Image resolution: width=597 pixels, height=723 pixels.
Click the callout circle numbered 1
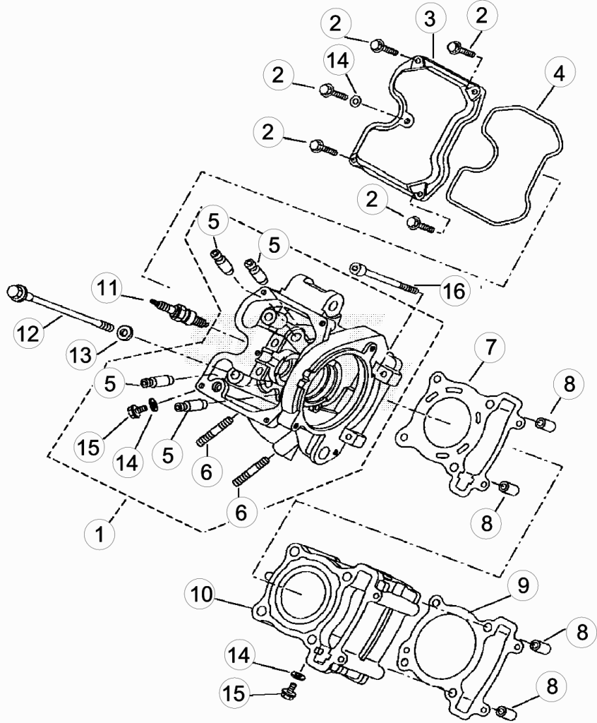pos(100,534)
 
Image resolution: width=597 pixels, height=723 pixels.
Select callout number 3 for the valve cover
pos(430,20)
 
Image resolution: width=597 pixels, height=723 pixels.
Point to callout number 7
pos(490,347)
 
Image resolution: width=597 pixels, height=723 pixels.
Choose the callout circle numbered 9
pos(522,585)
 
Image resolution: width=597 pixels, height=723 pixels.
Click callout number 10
pos(201,594)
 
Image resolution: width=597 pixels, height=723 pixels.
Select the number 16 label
pos(454,292)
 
